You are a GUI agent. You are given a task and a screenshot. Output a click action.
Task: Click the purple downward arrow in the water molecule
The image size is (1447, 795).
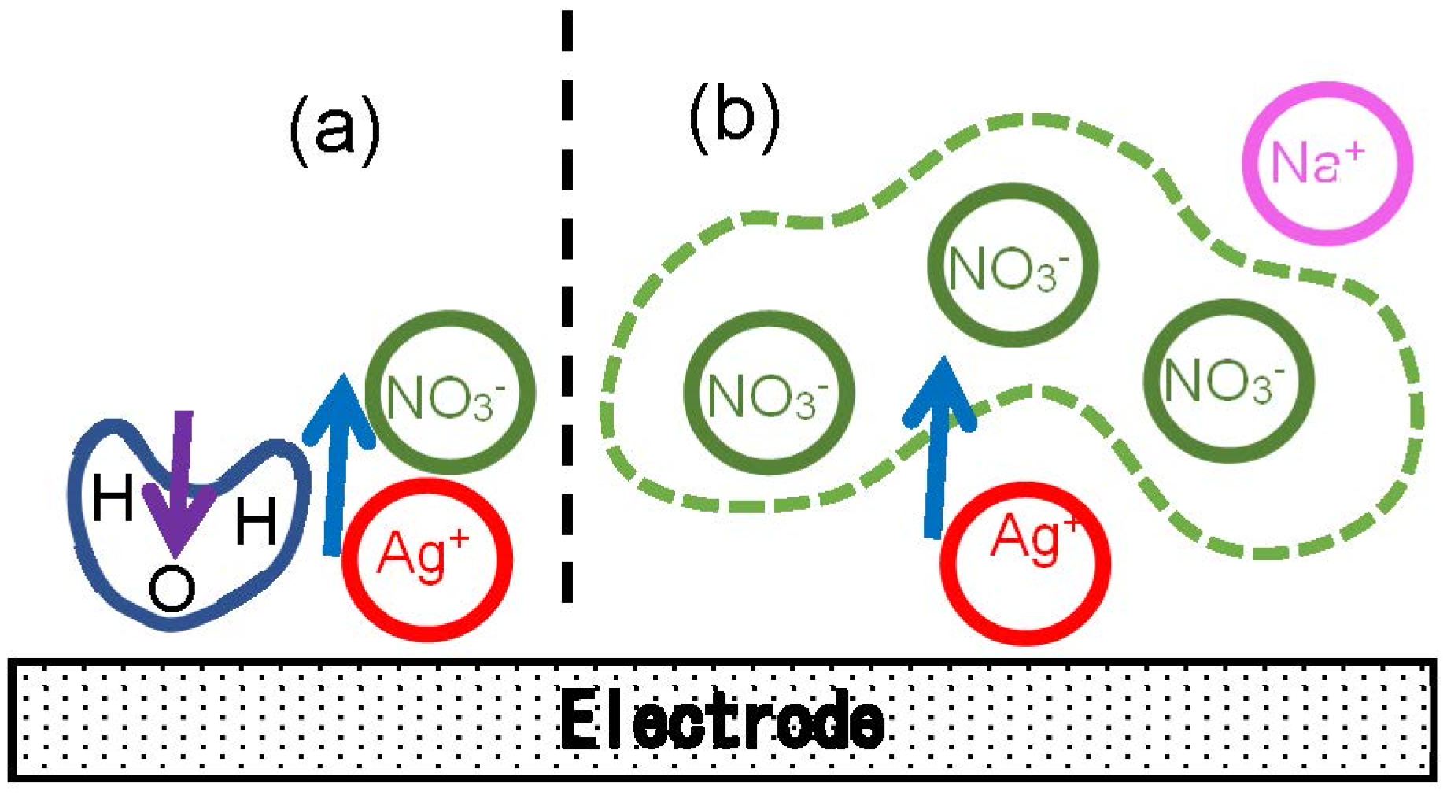coord(180,480)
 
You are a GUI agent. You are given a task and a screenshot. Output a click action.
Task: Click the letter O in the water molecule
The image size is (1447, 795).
coord(172,590)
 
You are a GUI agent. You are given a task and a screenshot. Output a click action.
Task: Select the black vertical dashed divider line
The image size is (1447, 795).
coord(567,315)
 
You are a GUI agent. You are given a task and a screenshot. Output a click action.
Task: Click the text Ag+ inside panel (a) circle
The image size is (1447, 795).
coord(423,553)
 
